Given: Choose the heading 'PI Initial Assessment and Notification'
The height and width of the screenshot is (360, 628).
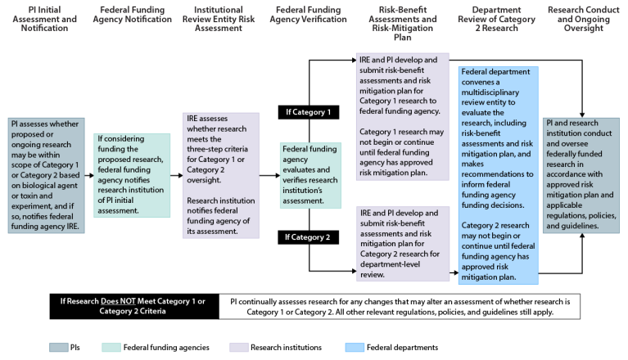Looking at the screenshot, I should pyautogui.click(x=43, y=15).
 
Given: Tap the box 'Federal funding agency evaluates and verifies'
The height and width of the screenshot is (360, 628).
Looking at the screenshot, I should pyautogui.click(x=309, y=175).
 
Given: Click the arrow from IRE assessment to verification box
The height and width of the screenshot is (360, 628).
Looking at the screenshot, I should pyautogui.click(x=269, y=175).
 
